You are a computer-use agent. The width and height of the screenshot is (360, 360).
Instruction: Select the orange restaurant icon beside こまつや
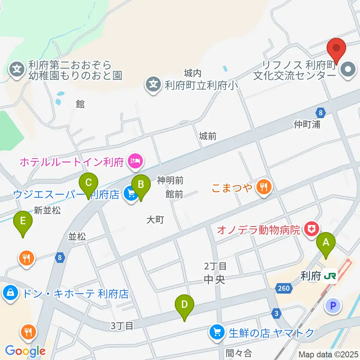[264, 187]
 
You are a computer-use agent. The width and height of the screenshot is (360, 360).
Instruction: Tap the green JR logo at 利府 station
[330, 277]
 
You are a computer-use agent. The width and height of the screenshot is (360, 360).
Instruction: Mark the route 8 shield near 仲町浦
[319, 112]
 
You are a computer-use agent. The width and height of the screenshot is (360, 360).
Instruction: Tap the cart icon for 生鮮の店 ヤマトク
[216, 332]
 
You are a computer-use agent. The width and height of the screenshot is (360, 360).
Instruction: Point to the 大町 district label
[155, 220]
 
